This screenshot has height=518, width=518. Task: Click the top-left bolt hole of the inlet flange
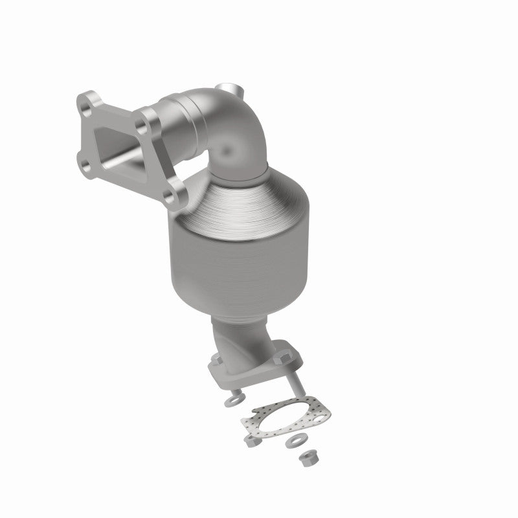coord(86,102)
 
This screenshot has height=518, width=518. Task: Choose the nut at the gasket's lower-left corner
coord(250,440)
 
